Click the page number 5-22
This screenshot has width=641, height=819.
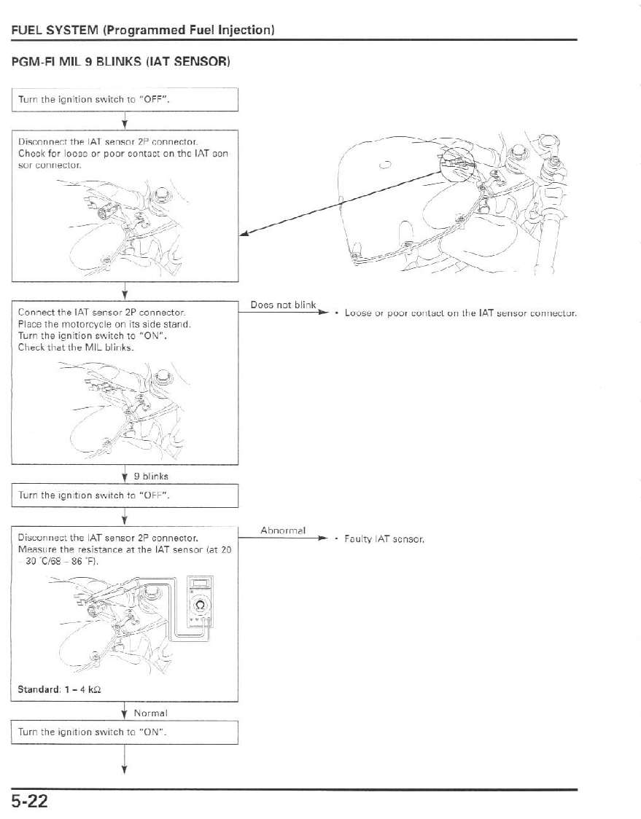pyautogui.click(x=30, y=802)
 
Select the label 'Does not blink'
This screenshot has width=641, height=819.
pyautogui.click(x=282, y=305)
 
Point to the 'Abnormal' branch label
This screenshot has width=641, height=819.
pyautogui.click(x=283, y=530)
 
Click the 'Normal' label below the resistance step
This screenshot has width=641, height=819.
pyautogui.click(x=151, y=713)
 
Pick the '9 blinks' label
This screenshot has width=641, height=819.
pyautogui.click(x=151, y=476)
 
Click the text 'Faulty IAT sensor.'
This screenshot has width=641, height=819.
pyautogui.click(x=384, y=540)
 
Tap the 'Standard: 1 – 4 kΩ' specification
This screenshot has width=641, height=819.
pyautogui.click(x=59, y=689)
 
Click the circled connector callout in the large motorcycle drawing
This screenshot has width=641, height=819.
pyautogui.click(x=457, y=166)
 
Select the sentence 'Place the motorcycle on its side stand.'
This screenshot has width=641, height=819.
pyautogui.click(x=104, y=324)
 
